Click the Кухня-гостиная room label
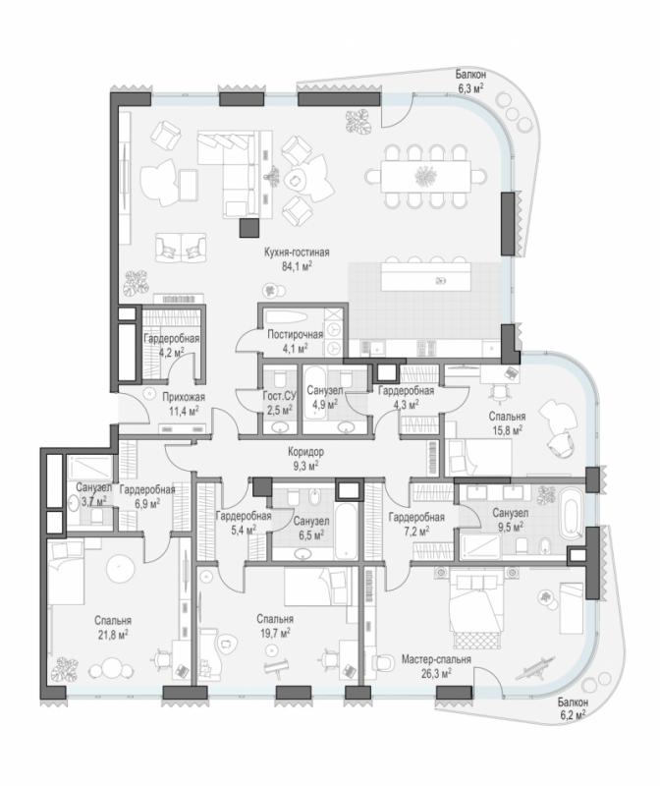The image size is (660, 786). click(297, 253)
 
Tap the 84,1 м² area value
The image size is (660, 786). click(297, 266)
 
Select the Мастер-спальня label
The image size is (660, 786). click(436, 659)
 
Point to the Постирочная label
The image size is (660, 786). click(295, 334)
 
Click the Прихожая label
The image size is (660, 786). click(184, 398)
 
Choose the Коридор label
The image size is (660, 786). click(305, 452)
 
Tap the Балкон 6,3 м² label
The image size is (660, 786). click(470, 82)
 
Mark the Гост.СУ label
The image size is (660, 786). click(279, 397)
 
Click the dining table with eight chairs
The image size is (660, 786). click(425, 176)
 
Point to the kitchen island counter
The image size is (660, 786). click(425, 277)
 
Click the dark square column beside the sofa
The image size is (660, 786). click(249, 228)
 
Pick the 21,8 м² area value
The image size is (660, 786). click(113, 635)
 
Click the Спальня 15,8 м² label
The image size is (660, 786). click(507, 422)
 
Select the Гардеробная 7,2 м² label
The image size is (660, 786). click(416, 524)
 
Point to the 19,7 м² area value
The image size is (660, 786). click(275, 634)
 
